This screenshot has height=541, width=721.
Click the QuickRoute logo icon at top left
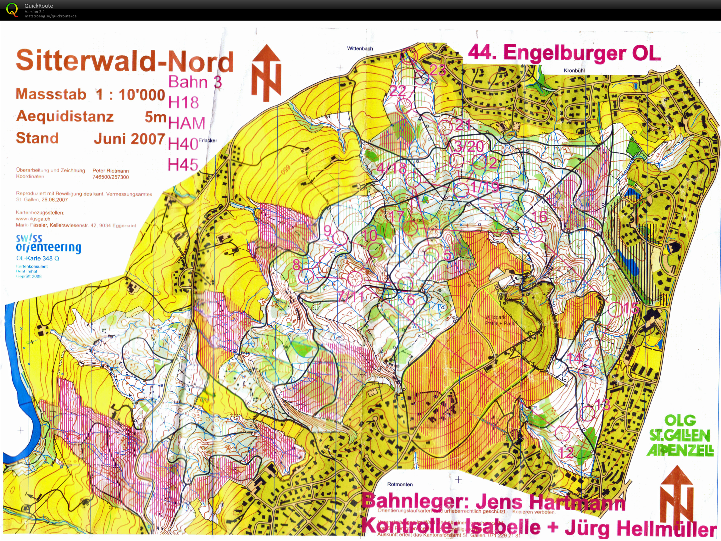pyautogui.click(x=12, y=10)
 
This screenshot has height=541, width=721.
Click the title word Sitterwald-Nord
pyautogui.click(x=125, y=61)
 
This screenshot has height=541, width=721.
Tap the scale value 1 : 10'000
pyautogui.click(x=130, y=95)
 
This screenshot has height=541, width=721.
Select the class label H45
pyautogui.click(x=183, y=165)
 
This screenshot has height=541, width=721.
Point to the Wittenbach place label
pyautogui.click(x=360, y=48)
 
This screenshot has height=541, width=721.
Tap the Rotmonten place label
pyautogui.click(x=400, y=484)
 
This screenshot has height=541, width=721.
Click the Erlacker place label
pyautogui.click(x=208, y=141)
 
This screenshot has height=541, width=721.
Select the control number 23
pyautogui.click(x=437, y=70)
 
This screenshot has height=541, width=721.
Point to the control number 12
pyautogui.click(x=566, y=453)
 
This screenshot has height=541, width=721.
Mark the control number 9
pyautogui.click(x=328, y=231)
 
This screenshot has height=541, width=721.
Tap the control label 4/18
pyautogui.click(x=391, y=169)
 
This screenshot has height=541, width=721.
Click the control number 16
pyautogui.click(x=540, y=216)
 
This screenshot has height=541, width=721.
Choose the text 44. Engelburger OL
pyautogui.click(x=564, y=53)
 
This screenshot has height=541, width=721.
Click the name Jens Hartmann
pyautogui.click(x=551, y=502)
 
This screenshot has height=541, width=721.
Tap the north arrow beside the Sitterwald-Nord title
pyautogui.click(x=266, y=73)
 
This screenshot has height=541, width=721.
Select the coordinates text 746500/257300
pyautogui.click(x=110, y=177)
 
